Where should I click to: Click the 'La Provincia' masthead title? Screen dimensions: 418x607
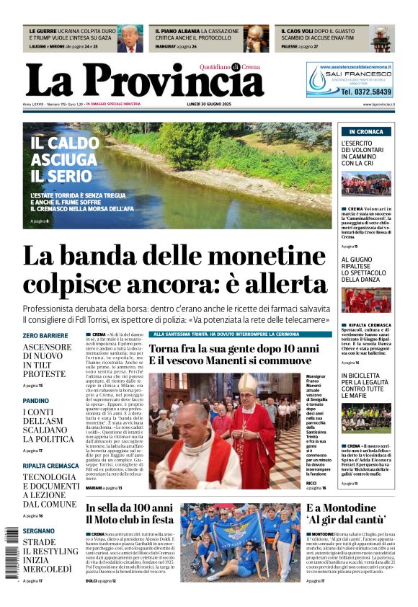(144, 80)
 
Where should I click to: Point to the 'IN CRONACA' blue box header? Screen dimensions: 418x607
(365, 132)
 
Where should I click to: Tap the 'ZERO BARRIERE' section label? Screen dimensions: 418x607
(45, 336)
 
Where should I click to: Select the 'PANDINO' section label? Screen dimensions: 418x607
(36, 400)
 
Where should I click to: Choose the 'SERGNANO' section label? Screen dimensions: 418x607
(39, 531)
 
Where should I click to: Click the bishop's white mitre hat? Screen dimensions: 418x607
(247, 383)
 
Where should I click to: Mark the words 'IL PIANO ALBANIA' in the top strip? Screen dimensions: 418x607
(177, 32)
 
